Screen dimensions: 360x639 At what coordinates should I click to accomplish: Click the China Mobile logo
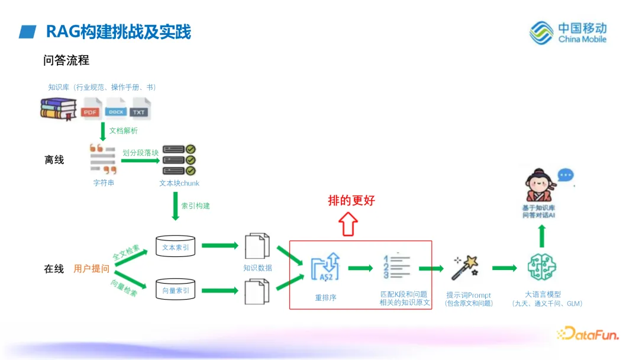coord(568,33)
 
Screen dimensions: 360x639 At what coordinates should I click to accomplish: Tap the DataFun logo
coord(588,335)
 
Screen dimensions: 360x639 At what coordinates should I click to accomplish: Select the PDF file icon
coord(91,109)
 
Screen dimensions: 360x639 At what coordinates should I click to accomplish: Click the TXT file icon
coord(140,109)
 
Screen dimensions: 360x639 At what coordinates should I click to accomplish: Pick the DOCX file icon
coord(116,109)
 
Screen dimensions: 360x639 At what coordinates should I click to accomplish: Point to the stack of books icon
coord(58,109)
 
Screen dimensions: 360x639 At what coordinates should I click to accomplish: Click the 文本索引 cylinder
coord(176,247)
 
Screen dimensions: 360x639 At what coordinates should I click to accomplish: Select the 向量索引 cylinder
coord(176,290)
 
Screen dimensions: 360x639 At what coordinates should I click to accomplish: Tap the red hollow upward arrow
coord(348,224)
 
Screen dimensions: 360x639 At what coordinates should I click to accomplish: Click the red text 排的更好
coord(351,200)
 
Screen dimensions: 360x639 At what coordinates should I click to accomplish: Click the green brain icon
coord(543,267)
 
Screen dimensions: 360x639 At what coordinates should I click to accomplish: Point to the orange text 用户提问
coord(91,269)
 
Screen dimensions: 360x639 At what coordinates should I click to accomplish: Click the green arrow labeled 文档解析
coord(103,131)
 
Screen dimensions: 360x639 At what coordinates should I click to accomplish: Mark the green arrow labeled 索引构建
coord(176,207)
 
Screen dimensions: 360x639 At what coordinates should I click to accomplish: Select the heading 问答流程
coord(66,60)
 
